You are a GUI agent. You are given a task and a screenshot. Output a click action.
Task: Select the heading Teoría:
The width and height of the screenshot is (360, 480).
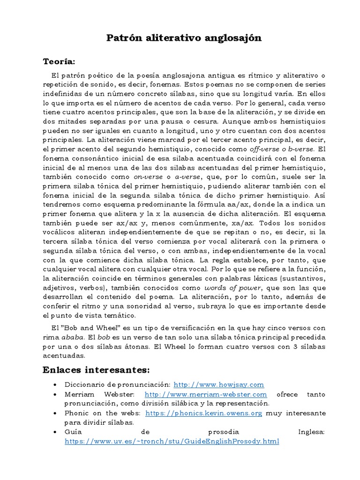pyautogui.click(x=59, y=61)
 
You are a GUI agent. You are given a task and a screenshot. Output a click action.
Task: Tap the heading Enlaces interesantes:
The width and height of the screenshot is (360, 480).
pyautogui.click(x=96, y=370)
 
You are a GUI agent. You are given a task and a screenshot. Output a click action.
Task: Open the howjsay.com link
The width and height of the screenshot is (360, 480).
pyautogui.click(x=219, y=384)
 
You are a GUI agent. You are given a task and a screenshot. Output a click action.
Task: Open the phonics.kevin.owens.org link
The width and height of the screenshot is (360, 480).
pyautogui.click(x=203, y=413)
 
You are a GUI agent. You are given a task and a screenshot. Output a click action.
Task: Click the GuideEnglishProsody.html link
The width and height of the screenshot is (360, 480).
pyautogui.click(x=172, y=441)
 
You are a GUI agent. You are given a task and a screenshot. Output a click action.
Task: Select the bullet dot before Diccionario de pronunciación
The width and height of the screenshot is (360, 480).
pyautogui.click(x=56, y=385)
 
